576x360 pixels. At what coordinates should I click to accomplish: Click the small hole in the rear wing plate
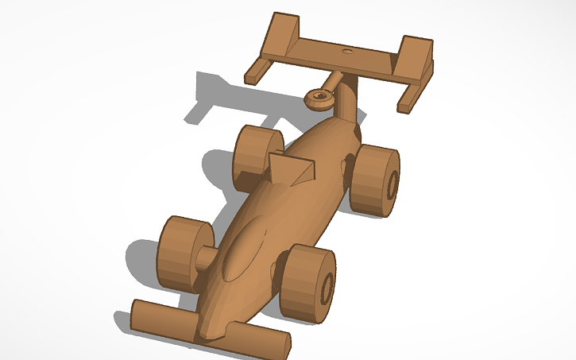(346, 50)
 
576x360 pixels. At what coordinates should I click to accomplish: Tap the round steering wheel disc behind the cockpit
(318, 99)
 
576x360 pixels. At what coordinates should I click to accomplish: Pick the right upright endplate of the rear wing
(415, 57)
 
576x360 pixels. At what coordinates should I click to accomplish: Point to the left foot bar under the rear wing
(257, 72)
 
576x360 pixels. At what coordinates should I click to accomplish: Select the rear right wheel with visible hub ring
(374, 180)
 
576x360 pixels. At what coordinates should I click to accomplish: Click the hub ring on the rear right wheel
(392, 184)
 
